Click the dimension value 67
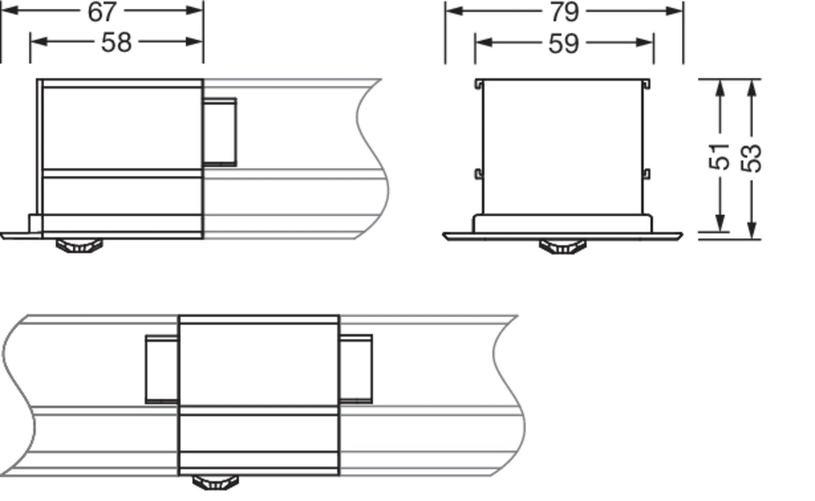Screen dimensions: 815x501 [x=102, y=12]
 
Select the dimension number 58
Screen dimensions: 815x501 [x=116, y=43]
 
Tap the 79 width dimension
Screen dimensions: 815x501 [x=564, y=12]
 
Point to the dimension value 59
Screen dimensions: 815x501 [x=564, y=43]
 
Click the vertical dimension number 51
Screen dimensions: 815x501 [x=719, y=157]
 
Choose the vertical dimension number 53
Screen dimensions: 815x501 [x=751, y=159]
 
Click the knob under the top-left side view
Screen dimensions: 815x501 [x=79, y=246]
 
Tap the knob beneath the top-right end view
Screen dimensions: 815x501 [x=562, y=247]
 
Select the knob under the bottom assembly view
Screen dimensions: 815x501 [x=216, y=483]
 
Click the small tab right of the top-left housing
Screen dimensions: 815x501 [x=220, y=132]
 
